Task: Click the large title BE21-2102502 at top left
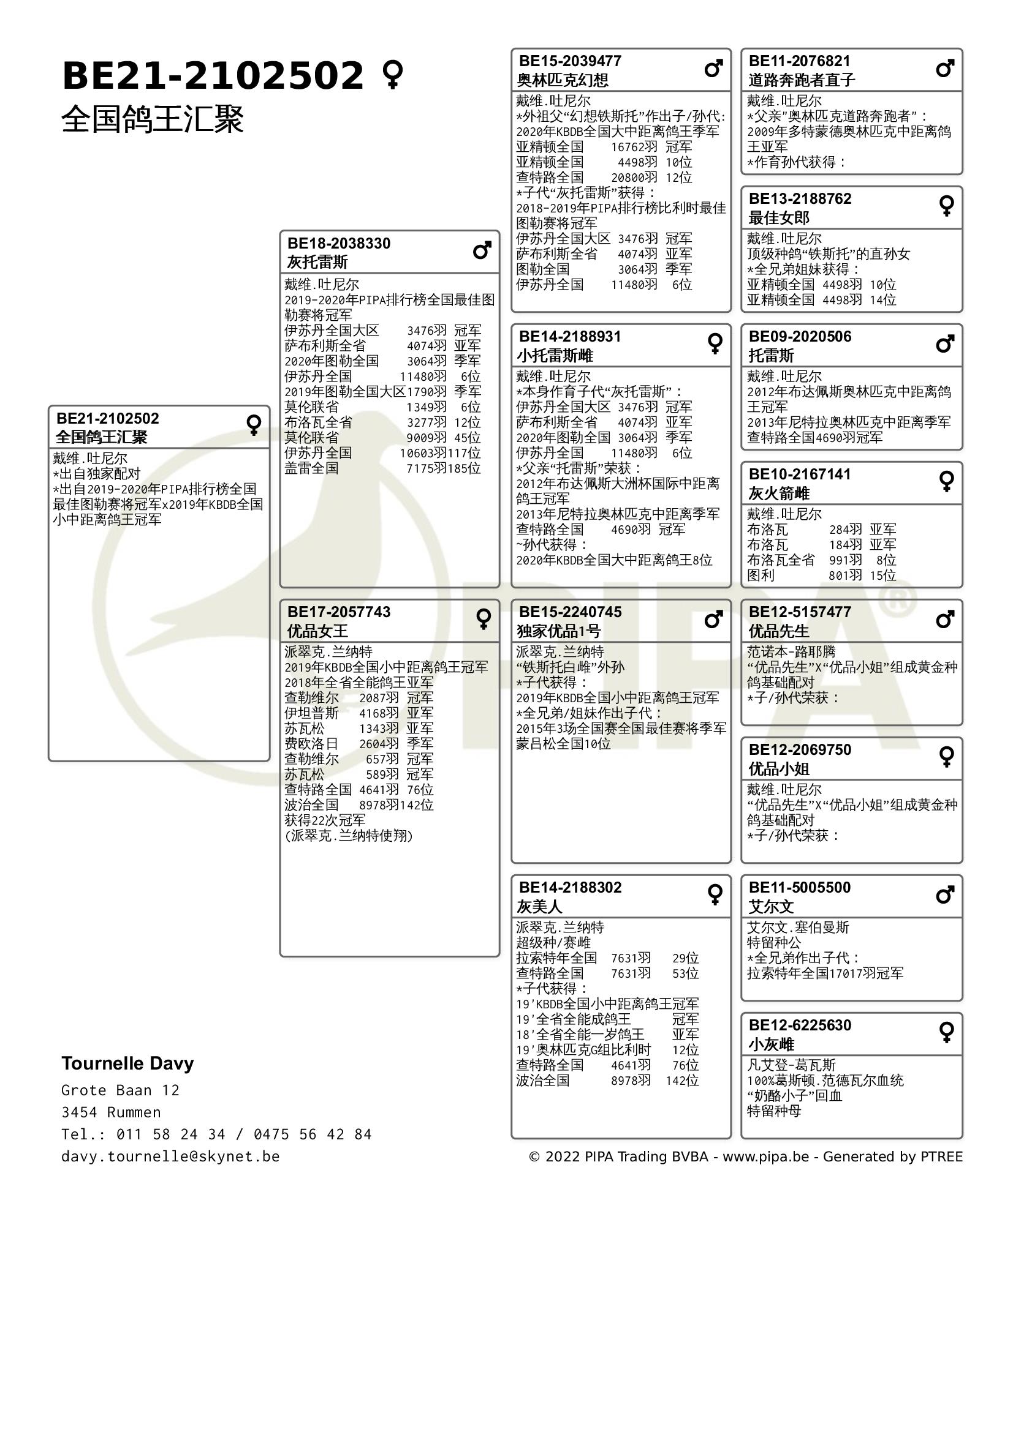click(x=212, y=76)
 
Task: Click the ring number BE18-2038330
click(x=338, y=243)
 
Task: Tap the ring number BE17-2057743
click(x=338, y=612)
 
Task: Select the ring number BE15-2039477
click(x=570, y=61)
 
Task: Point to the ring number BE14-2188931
click(x=570, y=337)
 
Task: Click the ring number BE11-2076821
click(x=800, y=61)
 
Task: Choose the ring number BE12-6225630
click(x=800, y=1025)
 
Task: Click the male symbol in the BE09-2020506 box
click(x=945, y=343)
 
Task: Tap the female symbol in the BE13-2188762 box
click(x=946, y=206)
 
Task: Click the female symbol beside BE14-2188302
click(x=715, y=894)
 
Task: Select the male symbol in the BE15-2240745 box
click(x=713, y=620)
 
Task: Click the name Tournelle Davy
click(x=127, y=1063)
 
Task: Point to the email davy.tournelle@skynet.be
click(x=170, y=1156)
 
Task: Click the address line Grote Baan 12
click(x=121, y=1090)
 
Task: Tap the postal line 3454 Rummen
click(x=111, y=1112)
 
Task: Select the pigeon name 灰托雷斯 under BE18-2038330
click(x=317, y=262)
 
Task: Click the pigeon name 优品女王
click(x=317, y=631)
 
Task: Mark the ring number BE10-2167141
click(x=800, y=474)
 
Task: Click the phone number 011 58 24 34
click(x=171, y=1134)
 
